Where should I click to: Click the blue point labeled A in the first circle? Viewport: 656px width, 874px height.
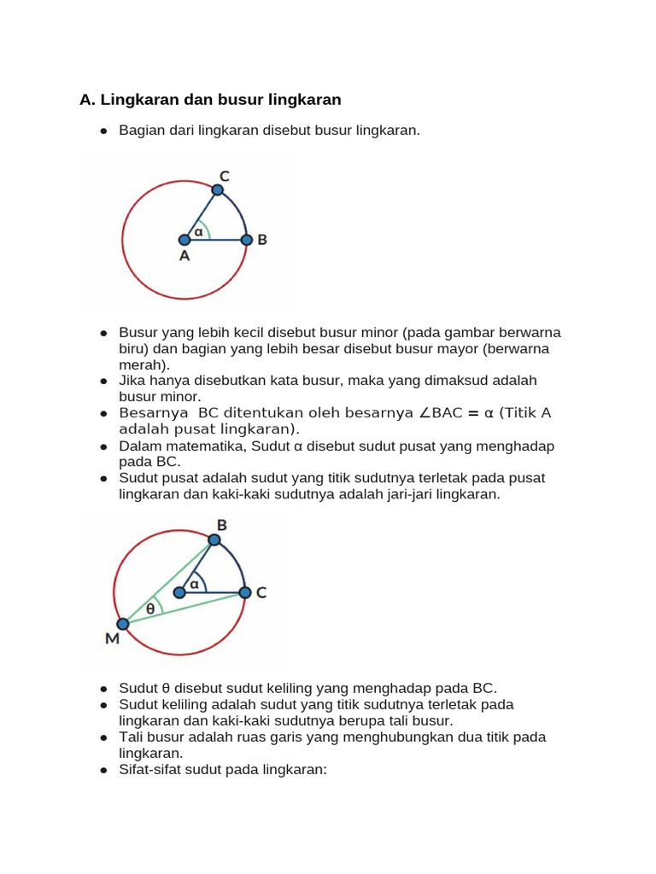point(184,240)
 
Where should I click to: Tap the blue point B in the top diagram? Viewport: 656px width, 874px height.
point(246,240)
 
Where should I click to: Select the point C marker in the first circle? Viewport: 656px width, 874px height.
point(217,190)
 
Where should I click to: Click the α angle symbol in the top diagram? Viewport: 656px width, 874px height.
point(199,230)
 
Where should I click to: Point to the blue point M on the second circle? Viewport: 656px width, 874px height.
point(122,624)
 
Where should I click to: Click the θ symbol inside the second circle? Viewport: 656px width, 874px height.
point(150,609)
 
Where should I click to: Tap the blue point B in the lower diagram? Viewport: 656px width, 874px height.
point(214,539)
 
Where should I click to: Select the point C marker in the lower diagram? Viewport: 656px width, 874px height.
point(244,592)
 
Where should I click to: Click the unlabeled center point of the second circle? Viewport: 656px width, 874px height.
point(179,592)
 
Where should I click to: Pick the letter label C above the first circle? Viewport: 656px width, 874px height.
point(224,176)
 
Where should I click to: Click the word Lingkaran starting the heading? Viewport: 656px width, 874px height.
point(139,100)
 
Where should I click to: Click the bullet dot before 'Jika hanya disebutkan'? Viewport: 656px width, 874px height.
point(103,381)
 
